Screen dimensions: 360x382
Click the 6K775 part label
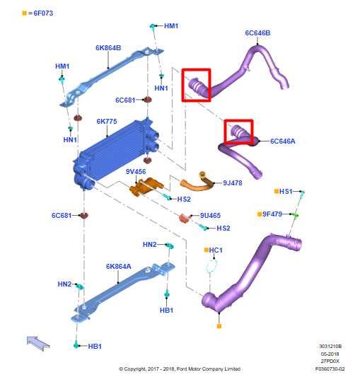pos(107,122)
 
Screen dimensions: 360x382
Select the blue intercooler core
pos(116,154)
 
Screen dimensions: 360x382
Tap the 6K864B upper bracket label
pos(108,48)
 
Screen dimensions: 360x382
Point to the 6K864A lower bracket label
pos(119,267)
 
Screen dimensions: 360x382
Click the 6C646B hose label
pos(257,33)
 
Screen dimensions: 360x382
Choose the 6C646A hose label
pos(282,141)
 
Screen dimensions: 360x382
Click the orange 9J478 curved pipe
pos(197,182)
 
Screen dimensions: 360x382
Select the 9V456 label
pos(136,172)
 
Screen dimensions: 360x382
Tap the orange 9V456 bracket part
pos(146,187)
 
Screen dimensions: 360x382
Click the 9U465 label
pos(210,216)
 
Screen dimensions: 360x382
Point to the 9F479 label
pos(272,214)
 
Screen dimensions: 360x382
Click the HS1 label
pos(286,192)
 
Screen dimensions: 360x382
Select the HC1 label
pos(216,250)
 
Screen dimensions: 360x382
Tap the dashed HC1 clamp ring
pos(211,265)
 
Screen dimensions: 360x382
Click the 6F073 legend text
pos(43,13)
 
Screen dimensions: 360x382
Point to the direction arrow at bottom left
pos(38,343)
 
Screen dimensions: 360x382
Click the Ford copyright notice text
pos(180,369)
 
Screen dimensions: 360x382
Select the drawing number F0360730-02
pos(330,369)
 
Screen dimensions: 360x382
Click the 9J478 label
pos(233,183)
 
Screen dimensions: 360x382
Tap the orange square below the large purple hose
pos(219,326)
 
